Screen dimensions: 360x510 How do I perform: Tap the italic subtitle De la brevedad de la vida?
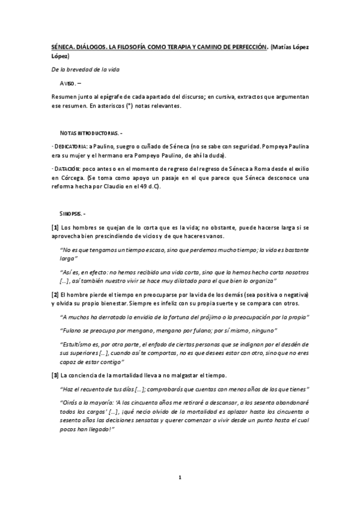(x=85, y=70)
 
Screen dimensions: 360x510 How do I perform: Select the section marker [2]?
(x=55, y=295)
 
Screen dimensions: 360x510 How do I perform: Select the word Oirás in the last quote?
(x=72, y=403)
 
